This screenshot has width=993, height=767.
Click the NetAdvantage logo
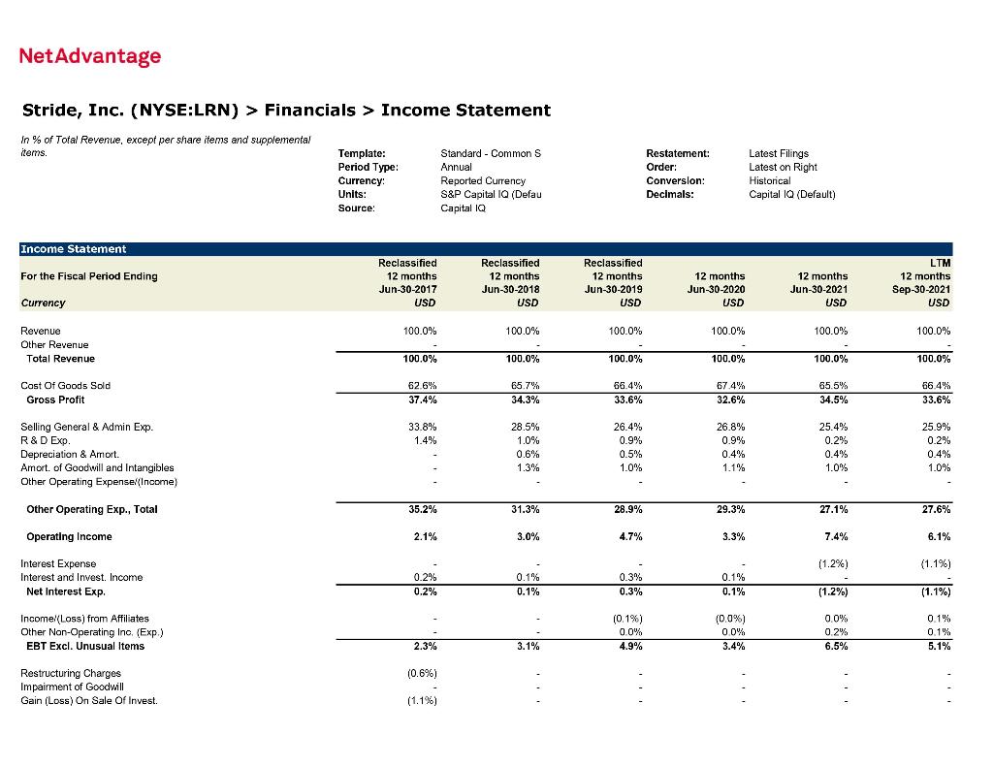point(90,56)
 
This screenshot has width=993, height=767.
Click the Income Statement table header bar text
point(73,249)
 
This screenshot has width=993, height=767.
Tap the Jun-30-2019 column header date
point(613,289)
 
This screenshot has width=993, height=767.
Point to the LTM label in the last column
point(939,263)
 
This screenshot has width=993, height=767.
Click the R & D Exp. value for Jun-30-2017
point(424,440)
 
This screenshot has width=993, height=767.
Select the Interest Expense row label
point(58,563)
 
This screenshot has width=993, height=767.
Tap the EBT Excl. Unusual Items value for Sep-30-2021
point(938,646)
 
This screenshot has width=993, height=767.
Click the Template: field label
point(361,153)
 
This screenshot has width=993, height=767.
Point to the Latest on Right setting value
point(783,167)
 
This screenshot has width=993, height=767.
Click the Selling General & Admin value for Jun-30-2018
point(526,427)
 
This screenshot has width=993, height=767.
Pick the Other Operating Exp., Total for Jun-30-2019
point(628,509)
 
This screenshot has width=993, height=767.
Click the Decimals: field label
point(669,194)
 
